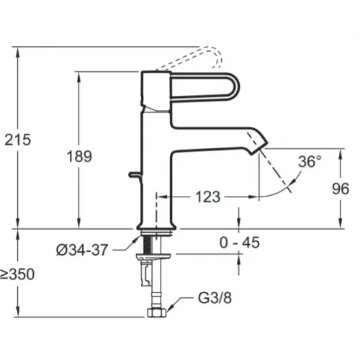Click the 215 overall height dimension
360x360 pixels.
[18, 139]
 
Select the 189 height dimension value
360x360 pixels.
[79, 156]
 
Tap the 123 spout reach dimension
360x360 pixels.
[208, 197]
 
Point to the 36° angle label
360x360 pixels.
[310, 161]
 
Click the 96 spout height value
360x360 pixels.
[341, 189]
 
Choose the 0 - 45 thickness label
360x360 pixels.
[240, 242]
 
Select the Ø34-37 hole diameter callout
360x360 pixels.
[82, 250]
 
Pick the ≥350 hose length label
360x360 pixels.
[17, 274]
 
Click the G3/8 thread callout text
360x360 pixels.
[215, 298]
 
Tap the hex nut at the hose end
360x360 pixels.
[157, 312]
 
